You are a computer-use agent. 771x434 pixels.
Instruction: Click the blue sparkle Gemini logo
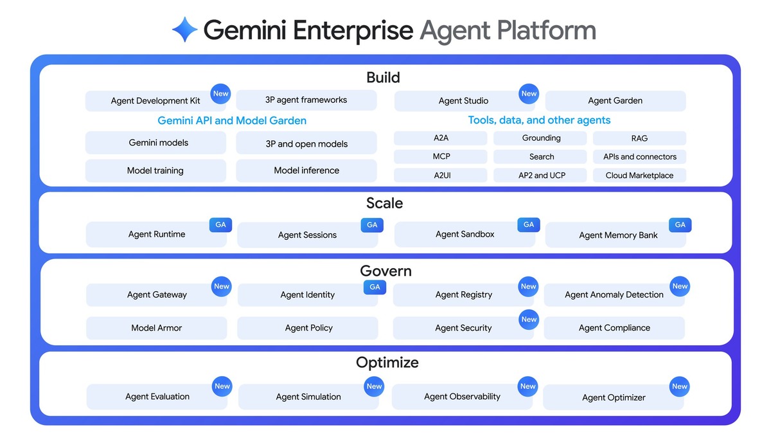tap(184, 30)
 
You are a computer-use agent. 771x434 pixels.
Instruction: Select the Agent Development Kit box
tap(155, 101)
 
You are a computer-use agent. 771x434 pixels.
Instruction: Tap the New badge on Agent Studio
tap(529, 94)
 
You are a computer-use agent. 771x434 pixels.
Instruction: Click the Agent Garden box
tap(615, 101)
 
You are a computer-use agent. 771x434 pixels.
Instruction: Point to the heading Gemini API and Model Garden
tap(232, 121)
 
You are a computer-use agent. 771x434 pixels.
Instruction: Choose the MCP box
tap(441, 157)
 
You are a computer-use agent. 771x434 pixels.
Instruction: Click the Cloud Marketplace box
tap(639, 176)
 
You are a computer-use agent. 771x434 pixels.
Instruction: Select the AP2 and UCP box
tap(541, 176)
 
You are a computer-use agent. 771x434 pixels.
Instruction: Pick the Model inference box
tap(306, 171)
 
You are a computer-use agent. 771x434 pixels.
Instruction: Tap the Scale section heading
tap(385, 203)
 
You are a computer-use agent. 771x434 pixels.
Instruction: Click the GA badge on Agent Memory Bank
tap(680, 225)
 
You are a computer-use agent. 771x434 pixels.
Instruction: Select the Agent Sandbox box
tap(465, 235)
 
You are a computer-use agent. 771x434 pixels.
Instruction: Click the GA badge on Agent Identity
tap(375, 287)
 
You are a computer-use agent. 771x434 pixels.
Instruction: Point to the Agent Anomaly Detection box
tap(614, 295)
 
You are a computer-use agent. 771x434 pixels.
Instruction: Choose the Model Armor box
tap(156, 328)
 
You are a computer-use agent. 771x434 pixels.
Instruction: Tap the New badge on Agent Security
tap(529, 320)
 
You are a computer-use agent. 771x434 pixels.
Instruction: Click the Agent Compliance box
tap(614, 328)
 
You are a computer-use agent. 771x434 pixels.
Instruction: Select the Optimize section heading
tap(387, 363)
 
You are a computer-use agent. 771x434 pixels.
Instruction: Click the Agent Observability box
tap(462, 397)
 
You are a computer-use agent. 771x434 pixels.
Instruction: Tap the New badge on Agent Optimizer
tap(680, 386)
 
